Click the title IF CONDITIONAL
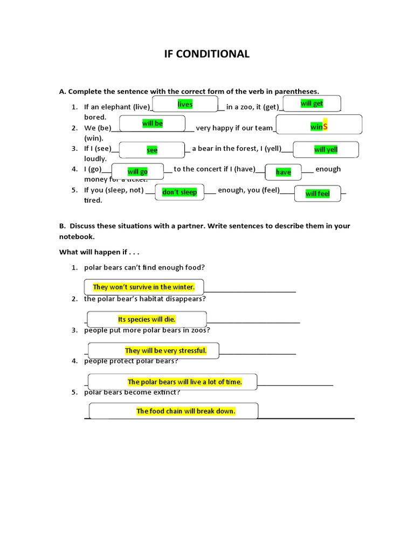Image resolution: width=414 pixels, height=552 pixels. [207, 54]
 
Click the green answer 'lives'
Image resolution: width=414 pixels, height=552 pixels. [185, 104]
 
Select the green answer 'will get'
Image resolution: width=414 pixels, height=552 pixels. [312, 103]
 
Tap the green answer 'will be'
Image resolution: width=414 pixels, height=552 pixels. [153, 123]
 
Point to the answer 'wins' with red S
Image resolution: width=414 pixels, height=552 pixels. [319, 126]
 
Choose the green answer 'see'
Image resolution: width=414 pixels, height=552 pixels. [152, 150]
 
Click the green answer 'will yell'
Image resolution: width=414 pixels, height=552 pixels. [326, 150]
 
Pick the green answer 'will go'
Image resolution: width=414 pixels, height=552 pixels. [137, 172]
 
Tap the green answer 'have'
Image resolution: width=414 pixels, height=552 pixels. [283, 172]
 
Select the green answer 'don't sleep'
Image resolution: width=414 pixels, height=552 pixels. [180, 192]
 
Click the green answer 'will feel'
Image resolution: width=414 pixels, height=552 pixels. [318, 194]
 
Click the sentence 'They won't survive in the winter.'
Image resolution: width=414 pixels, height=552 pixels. [144, 287]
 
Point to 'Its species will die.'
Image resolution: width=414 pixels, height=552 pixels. [147, 320]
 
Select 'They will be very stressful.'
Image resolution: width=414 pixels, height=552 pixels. [165, 351]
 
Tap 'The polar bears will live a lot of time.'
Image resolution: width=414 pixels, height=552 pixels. [184, 382]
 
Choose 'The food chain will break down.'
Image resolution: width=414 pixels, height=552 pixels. [186, 411]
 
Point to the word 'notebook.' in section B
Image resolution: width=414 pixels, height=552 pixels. [77, 237]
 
